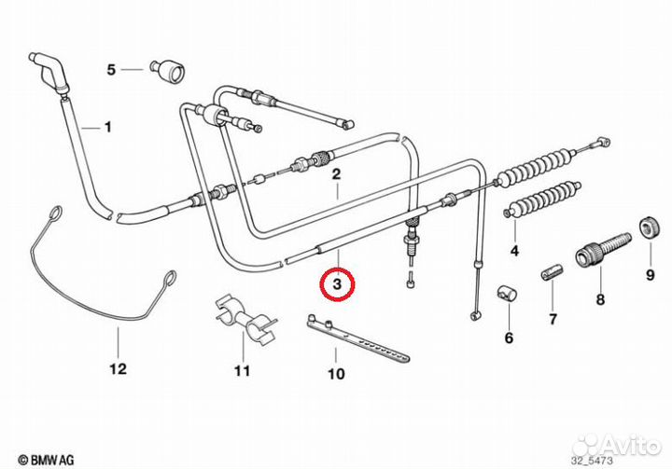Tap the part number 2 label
[x=336, y=173]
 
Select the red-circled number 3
[x=337, y=282]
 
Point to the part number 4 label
[x=512, y=250]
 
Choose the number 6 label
[x=509, y=338]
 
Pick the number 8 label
[x=599, y=299]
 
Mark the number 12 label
[x=117, y=368]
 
